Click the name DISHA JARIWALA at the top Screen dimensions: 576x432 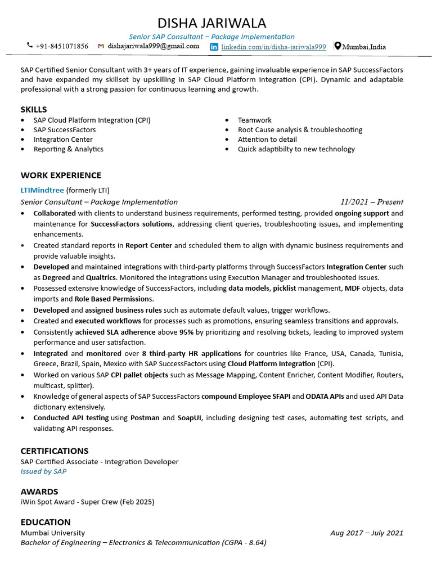pyautogui.click(x=211, y=23)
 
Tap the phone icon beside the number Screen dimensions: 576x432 pyautogui.click(x=30, y=46)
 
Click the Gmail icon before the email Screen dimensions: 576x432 pyautogui.click(x=101, y=46)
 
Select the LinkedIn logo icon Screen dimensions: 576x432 pyautogui.click(x=214, y=47)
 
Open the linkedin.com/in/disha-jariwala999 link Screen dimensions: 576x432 pyautogui.click(x=273, y=47)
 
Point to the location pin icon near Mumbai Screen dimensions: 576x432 pyautogui.click(x=337, y=46)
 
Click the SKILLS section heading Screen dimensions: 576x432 pyautogui.click(x=34, y=109)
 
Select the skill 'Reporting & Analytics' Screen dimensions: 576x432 pyautogui.click(x=68, y=149)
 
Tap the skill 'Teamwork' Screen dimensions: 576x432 pyautogui.click(x=254, y=120)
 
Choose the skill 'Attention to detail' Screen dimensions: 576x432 pyautogui.click(x=267, y=139)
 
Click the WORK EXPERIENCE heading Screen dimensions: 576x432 pyautogui.click(x=61, y=175)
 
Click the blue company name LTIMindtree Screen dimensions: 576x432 pyautogui.click(x=42, y=190)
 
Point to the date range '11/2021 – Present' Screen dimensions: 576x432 pyautogui.click(x=371, y=202)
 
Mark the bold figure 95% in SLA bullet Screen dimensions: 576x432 pyautogui.click(x=187, y=332)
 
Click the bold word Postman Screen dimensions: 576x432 pyautogui.click(x=145, y=418)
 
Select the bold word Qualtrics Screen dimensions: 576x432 pyautogui.click(x=101, y=278)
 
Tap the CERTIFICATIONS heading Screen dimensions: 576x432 pyautogui.click(x=55, y=451)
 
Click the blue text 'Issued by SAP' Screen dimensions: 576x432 pyautogui.click(x=43, y=471)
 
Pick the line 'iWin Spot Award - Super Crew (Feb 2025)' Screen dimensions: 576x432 pyautogui.click(x=87, y=502)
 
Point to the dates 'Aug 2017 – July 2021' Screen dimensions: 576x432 pyautogui.click(x=367, y=533)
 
